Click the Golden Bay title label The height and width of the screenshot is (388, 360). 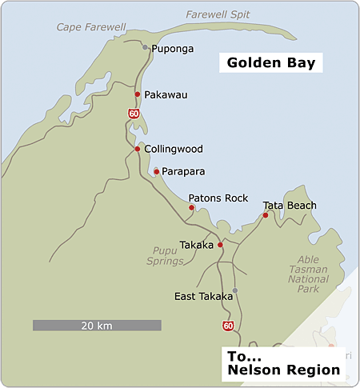pos(270,62)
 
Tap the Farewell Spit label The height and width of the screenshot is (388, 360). pos(218,14)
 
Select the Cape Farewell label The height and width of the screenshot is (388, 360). pos(90,27)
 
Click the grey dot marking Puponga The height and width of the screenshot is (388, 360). pos(145,47)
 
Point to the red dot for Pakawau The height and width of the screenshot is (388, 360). pos(138,94)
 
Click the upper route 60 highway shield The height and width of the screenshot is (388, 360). pos(134,114)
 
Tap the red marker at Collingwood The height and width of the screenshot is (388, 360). pos(138,149)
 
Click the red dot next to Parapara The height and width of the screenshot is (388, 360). pos(156,171)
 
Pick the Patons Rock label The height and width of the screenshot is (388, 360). pos(218,198)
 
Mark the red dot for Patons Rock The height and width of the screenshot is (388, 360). pos(191,208)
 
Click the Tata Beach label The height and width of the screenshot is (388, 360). pos(290,206)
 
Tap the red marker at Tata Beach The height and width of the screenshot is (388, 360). pos(266,214)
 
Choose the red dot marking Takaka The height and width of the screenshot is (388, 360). pos(220,245)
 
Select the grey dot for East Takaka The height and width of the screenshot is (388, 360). pos(234,290)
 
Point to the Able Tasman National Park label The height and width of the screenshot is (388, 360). pos(308,276)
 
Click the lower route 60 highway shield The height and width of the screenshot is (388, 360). pos(228,326)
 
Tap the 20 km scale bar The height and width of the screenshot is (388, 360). pos(97,326)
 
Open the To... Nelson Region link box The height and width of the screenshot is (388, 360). pos(283,362)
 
